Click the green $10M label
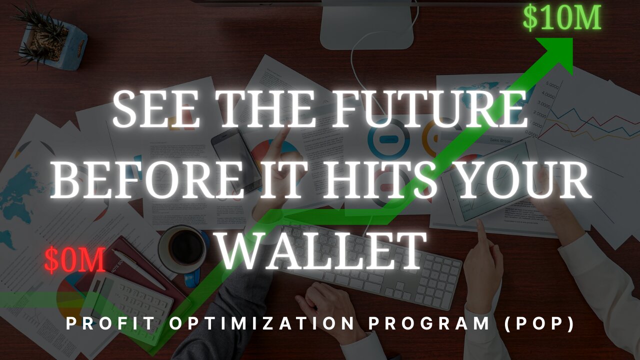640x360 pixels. (562, 18)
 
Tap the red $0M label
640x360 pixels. (75, 260)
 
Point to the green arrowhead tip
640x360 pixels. (572, 38)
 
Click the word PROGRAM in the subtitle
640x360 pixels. (429, 323)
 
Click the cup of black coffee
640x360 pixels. (183, 249)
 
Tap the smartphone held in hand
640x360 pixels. (236, 159)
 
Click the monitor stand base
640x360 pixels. (367, 24)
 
